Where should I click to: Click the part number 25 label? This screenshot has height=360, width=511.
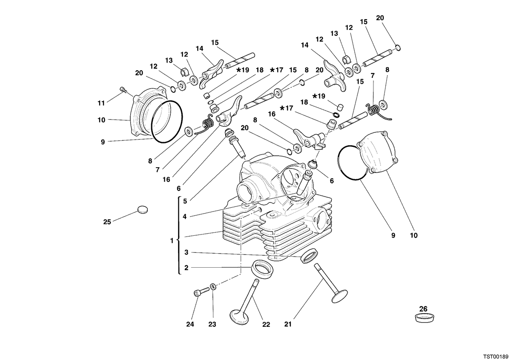click(107, 222)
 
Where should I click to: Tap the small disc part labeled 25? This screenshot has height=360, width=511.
click(143, 210)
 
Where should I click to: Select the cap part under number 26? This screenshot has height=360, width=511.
click(424, 318)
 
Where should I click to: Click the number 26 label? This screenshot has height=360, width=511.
click(423, 309)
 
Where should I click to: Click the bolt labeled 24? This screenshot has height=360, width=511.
click(201, 292)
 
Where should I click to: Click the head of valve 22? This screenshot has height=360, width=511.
click(239, 317)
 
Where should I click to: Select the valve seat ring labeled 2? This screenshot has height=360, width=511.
click(262, 269)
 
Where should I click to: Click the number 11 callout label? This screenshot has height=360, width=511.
click(101, 103)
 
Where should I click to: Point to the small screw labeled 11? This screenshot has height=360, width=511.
click(123, 90)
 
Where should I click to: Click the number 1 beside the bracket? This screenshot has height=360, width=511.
click(172, 240)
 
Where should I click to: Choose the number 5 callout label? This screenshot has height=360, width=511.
click(185, 201)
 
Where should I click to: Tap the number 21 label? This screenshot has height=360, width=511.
click(288, 324)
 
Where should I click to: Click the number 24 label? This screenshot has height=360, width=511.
click(190, 324)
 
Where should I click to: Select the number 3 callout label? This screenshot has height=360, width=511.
click(187, 252)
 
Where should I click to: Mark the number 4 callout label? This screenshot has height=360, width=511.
click(184, 216)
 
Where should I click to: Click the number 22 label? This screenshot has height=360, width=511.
click(266, 324)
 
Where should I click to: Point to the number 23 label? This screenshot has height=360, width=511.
click(212, 324)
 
